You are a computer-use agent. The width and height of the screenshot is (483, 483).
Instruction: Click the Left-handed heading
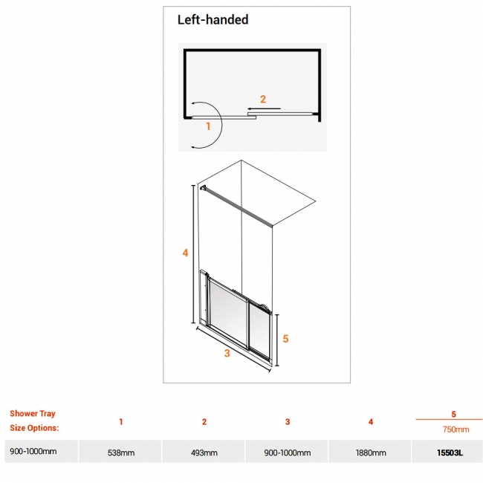pyautogui.click(x=213, y=20)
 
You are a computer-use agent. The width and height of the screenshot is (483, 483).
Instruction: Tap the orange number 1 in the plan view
pyautogui.click(x=209, y=126)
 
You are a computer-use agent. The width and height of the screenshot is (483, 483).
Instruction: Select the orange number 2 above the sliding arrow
pyautogui.click(x=262, y=99)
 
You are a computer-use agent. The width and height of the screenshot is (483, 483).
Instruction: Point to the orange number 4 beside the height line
pyautogui.click(x=185, y=253)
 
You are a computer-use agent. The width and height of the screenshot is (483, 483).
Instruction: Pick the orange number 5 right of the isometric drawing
pyautogui.click(x=285, y=338)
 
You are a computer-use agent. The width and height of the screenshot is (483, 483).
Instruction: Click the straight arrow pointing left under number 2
pyautogui.click(x=265, y=109)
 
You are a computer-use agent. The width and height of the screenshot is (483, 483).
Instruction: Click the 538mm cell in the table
pyautogui.click(x=121, y=452)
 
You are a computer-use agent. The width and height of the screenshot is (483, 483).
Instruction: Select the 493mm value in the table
pyautogui.click(x=204, y=452)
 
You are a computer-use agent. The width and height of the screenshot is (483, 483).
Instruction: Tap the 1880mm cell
pyautogui.click(x=370, y=452)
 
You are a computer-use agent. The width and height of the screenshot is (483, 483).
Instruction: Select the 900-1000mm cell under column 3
pyautogui.click(x=288, y=452)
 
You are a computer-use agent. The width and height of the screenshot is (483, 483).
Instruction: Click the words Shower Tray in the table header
pyautogui.click(x=33, y=414)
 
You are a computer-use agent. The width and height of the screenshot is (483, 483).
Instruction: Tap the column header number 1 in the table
pyautogui.click(x=121, y=422)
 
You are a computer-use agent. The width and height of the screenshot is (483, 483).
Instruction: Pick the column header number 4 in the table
pyautogui.click(x=370, y=422)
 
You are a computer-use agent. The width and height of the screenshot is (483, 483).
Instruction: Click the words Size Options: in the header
pyautogui.click(x=34, y=428)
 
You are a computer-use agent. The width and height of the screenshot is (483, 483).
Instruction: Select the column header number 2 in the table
pyautogui.click(x=204, y=422)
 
